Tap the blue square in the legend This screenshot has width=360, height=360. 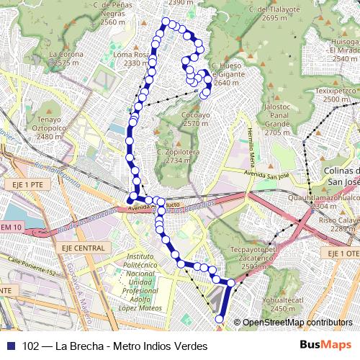[9, 345]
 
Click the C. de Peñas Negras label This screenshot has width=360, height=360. [114, 13]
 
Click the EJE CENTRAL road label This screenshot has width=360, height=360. [86, 248]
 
